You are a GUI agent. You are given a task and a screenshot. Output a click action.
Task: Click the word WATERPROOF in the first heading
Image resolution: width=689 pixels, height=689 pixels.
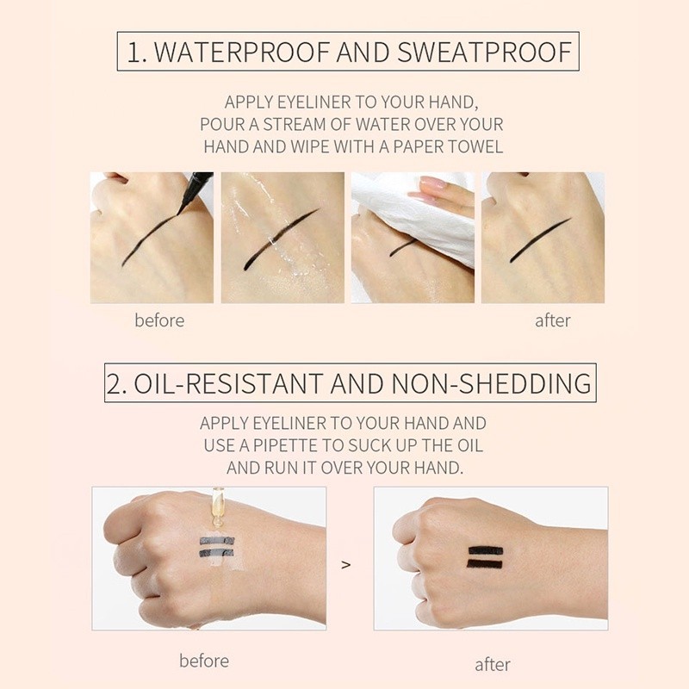(x=242, y=52)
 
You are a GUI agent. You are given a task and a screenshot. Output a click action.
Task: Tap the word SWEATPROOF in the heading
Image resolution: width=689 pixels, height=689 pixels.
(x=485, y=52)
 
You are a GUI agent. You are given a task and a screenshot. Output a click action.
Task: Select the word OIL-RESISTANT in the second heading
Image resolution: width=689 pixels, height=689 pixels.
(x=228, y=383)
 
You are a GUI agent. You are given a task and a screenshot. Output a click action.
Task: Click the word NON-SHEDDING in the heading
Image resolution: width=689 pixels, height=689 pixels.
(x=491, y=383)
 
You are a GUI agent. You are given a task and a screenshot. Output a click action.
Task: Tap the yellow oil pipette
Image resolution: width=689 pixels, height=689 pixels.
(x=217, y=506)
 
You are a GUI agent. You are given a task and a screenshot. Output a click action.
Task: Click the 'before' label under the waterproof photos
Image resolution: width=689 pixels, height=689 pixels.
(x=159, y=320)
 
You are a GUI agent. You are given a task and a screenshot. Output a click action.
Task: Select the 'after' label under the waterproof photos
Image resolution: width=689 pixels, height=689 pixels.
(x=553, y=320)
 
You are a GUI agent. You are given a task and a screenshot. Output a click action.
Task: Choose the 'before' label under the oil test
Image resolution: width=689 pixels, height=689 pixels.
(x=204, y=661)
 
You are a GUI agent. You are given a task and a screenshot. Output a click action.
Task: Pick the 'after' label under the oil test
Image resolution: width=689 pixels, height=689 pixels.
(x=493, y=665)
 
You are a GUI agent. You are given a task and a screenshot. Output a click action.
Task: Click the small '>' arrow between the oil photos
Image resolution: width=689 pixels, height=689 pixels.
(x=346, y=564)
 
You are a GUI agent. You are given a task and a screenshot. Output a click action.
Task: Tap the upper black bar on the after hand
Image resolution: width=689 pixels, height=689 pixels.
(x=486, y=550)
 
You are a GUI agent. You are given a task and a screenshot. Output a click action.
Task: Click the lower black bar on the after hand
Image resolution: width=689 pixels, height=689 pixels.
(x=484, y=564)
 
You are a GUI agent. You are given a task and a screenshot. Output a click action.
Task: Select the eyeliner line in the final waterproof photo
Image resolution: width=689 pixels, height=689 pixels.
(x=540, y=240)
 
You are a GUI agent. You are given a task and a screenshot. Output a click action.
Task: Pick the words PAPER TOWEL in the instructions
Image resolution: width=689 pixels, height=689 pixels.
(x=448, y=146)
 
